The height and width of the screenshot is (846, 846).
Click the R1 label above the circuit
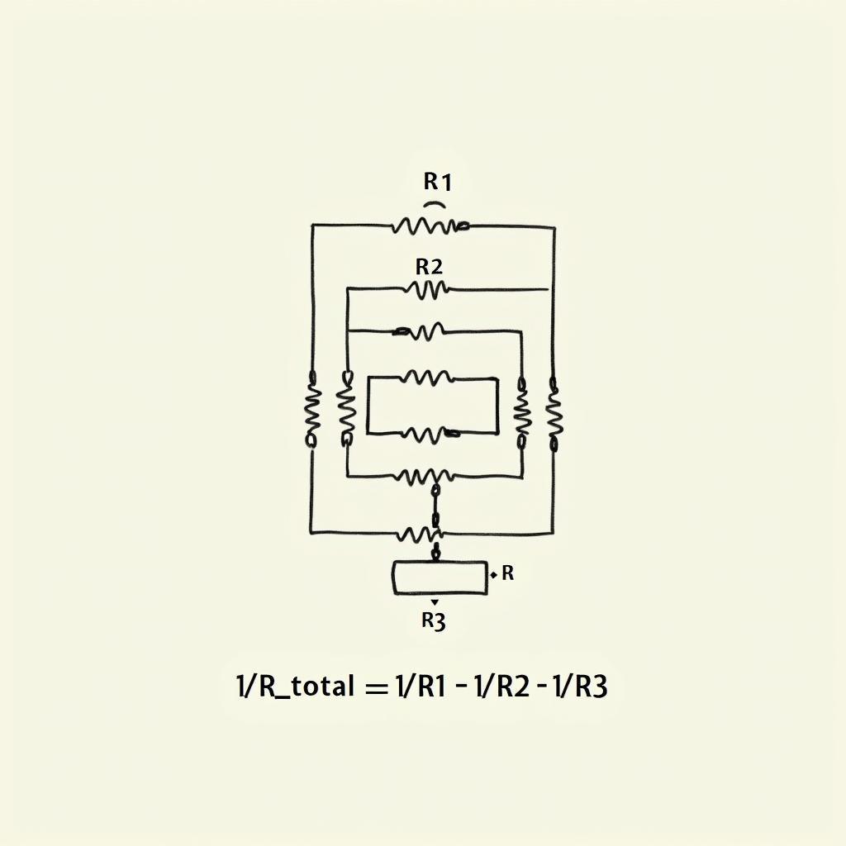click(x=437, y=182)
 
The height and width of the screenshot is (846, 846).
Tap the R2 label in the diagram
click(x=429, y=267)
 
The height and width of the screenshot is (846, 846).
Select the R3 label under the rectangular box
click(x=433, y=621)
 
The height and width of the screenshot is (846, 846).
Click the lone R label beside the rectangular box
click(x=507, y=573)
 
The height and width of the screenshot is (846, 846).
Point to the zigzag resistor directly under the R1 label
click(x=430, y=226)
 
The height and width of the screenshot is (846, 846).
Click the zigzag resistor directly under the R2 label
click(x=426, y=290)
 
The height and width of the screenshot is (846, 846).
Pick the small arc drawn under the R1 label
click(x=435, y=205)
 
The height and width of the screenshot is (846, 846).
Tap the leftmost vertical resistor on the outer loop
click(x=311, y=409)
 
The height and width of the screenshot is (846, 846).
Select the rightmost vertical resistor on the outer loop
click(x=554, y=415)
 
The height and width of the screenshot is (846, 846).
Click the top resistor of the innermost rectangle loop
click(x=429, y=377)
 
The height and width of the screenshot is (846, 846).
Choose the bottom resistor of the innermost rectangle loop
click(x=431, y=433)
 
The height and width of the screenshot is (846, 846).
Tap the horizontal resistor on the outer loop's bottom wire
click(x=420, y=535)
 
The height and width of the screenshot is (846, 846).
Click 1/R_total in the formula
click(x=296, y=687)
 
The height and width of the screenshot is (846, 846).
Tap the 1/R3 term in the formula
click(x=581, y=687)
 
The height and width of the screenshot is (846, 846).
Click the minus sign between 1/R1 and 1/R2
click(x=460, y=687)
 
